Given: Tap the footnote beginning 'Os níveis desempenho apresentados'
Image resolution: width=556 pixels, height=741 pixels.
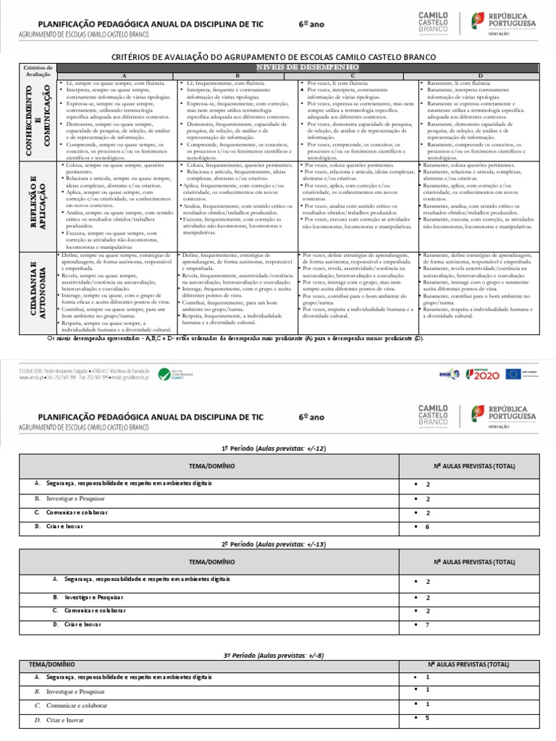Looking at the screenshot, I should click(x=235, y=338).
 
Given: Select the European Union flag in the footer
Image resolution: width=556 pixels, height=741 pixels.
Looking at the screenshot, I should click(x=513, y=373).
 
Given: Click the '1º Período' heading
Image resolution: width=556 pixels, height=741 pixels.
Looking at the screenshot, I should click(x=278, y=449).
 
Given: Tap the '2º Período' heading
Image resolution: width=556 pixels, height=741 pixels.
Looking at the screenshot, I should click(x=278, y=543).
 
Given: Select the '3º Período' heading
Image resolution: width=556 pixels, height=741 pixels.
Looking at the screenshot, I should click(x=278, y=654).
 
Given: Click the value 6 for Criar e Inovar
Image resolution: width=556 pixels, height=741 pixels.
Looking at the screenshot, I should click(x=428, y=527).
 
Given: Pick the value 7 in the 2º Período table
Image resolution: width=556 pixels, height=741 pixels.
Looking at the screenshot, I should click(x=428, y=624).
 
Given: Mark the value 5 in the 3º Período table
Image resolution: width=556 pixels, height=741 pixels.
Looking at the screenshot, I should click(x=428, y=718).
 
